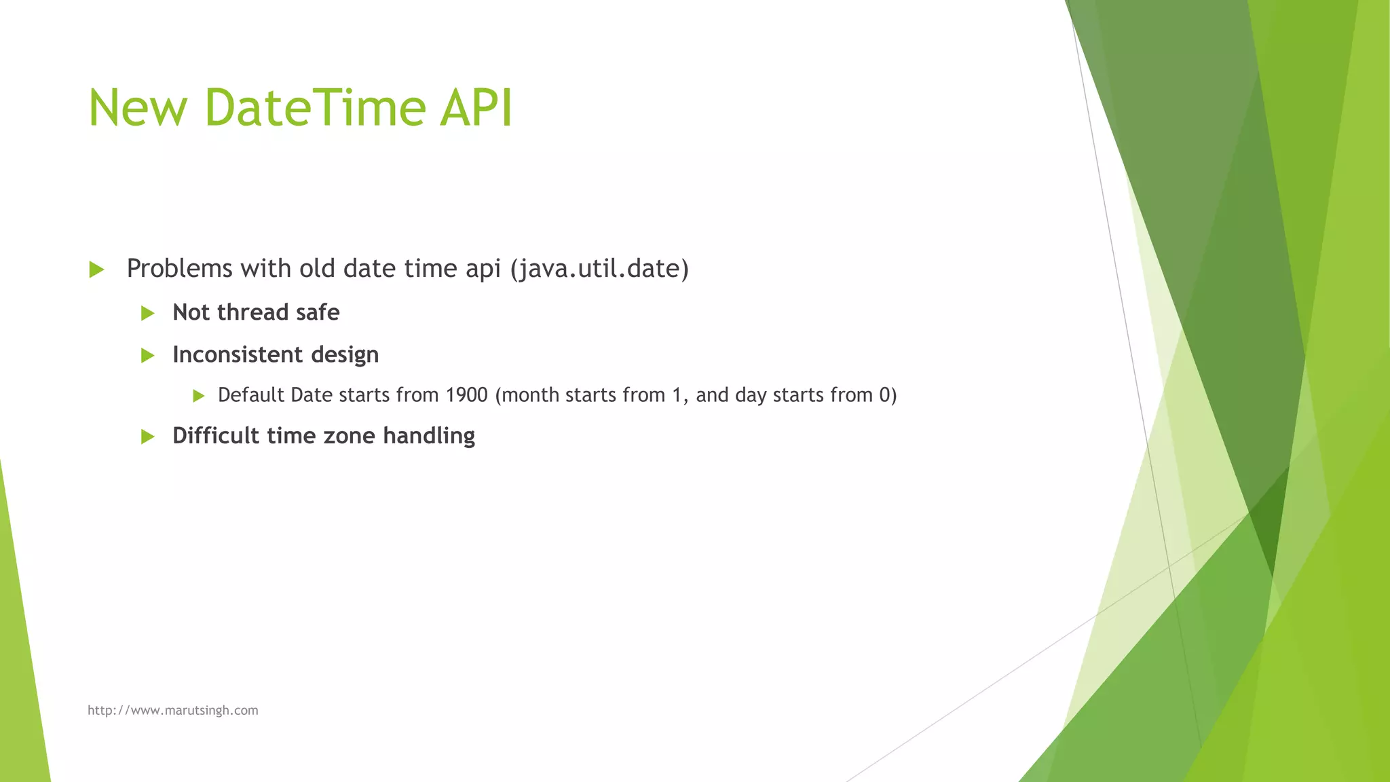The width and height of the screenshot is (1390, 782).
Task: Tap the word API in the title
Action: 476,108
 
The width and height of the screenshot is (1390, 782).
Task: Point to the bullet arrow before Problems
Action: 96,269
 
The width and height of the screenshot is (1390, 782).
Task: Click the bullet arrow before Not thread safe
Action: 147,313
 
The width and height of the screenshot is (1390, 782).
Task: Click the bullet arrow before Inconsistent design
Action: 147,355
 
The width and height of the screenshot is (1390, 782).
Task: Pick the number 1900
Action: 467,395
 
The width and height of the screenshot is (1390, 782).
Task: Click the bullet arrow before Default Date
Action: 198,396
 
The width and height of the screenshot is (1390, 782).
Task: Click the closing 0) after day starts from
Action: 888,395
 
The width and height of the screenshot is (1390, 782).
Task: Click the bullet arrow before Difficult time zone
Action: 147,436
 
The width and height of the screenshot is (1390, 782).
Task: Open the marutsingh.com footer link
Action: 173,710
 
